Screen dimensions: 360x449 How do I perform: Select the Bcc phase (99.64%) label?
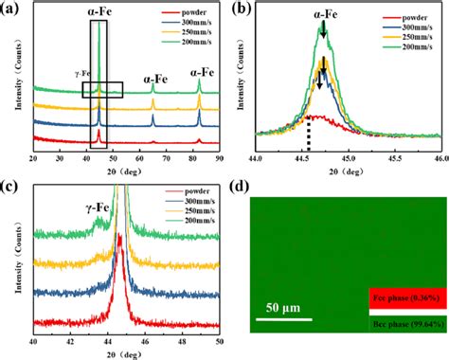point(406,323)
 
